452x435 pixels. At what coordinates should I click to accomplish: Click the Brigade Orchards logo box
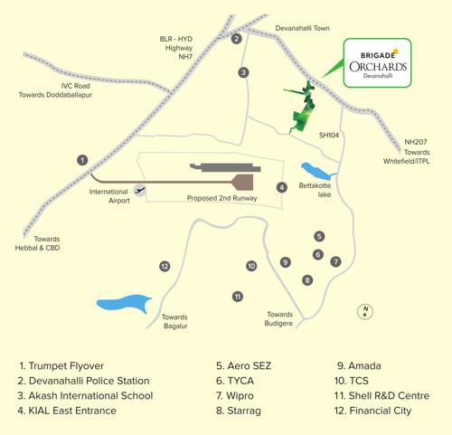click(377, 63)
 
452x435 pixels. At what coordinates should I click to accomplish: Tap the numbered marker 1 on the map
click(82, 160)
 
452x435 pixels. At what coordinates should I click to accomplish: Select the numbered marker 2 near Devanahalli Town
click(236, 39)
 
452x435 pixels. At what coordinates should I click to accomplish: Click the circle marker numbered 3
click(243, 72)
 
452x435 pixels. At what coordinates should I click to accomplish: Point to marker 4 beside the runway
click(282, 187)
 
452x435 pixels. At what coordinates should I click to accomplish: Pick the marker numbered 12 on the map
click(165, 267)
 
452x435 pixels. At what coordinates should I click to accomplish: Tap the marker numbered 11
click(238, 297)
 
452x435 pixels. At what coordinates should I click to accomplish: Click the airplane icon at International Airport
click(139, 190)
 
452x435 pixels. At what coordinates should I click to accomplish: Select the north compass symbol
click(365, 311)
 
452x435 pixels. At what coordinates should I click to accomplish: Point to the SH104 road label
click(328, 135)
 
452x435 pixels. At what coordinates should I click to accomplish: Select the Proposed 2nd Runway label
click(221, 198)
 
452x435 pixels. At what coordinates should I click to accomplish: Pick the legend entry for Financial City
click(372, 411)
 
